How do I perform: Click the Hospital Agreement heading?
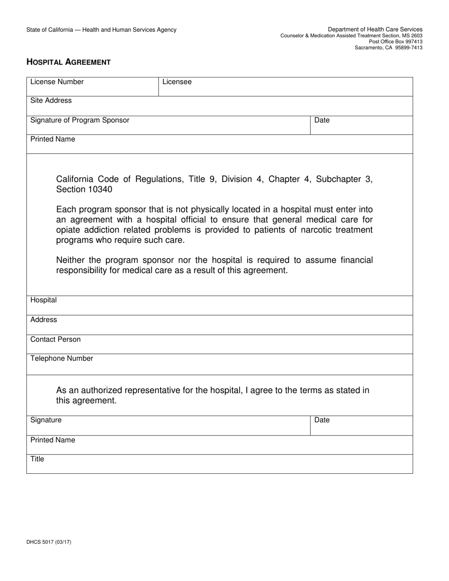[x=69, y=62]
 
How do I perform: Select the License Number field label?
[x=57, y=82]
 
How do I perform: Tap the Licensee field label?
[x=177, y=82]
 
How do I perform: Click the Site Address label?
[x=51, y=101]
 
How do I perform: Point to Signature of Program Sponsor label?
[x=79, y=120]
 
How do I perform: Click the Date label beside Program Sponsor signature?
[x=322, y=120]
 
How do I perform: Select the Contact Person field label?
[x=55, y=339]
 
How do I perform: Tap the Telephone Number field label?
[x=61, y=359]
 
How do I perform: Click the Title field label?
[x=37, y=459]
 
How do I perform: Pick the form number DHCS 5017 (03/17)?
[x=49, y=542]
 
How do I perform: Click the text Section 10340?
[x=84, y=189]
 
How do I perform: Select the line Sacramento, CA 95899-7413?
[x=389, y=48]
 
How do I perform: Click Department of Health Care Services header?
[x=375, y=29]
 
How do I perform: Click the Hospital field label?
[x=43, y=300]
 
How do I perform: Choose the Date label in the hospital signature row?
[x=322, y=420]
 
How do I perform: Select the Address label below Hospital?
[x=43, y=320]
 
